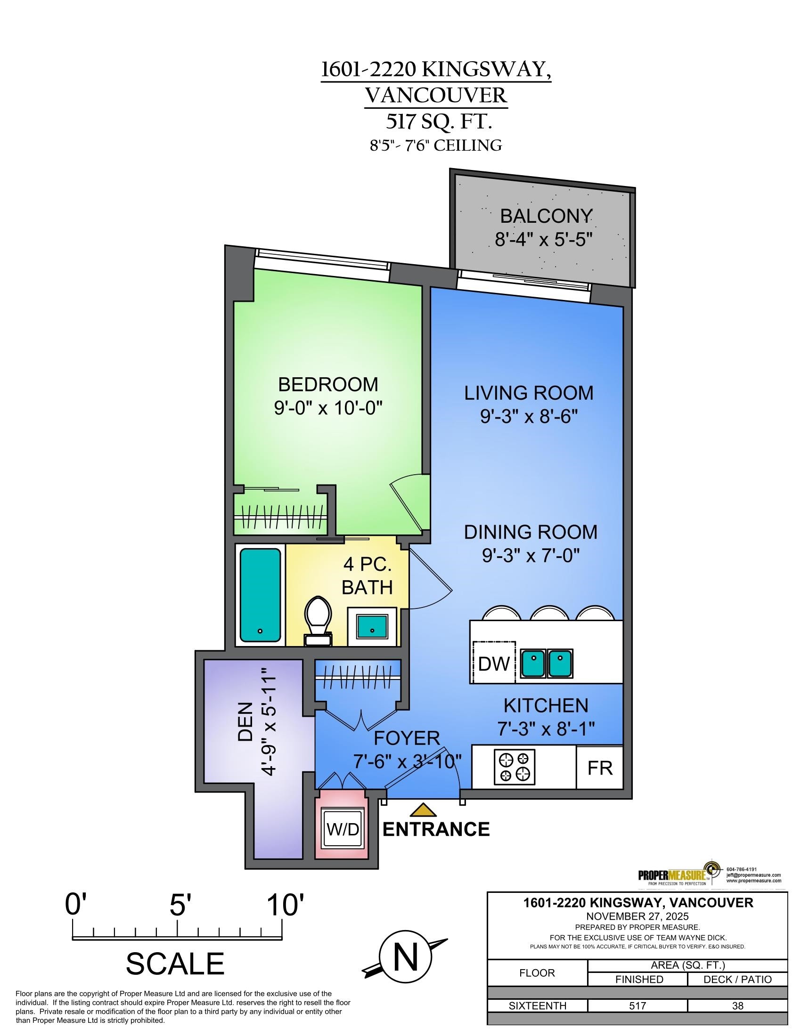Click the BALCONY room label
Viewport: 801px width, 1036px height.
(546, 216)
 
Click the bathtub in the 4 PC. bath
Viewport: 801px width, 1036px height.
(260, 595)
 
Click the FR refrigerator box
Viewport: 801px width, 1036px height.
(600, 768)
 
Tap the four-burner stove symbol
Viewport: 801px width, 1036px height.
(515, 767)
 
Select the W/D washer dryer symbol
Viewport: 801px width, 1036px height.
(343, 830)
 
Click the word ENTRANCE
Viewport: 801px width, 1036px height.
(436, 829)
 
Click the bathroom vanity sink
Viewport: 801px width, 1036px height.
(372, 626)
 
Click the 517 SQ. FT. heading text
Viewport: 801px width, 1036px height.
(437, 122)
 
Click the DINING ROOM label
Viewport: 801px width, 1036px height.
(530, 532)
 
